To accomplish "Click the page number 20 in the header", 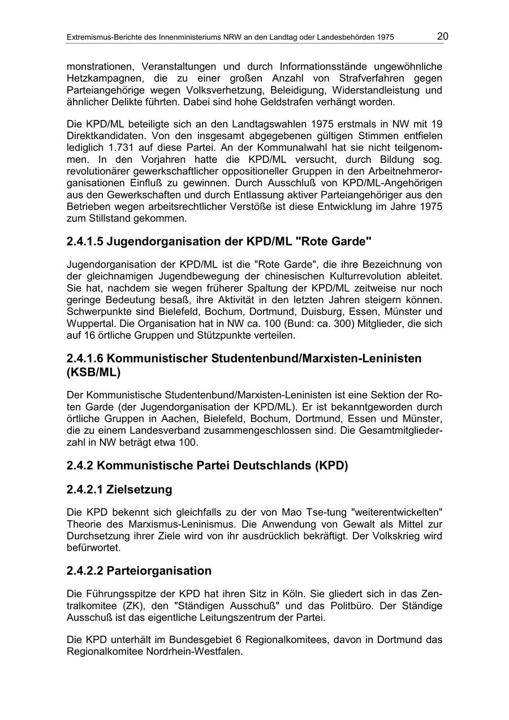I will point(442,37).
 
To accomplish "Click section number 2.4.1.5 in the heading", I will point(84,242).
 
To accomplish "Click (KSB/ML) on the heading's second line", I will point(93,373).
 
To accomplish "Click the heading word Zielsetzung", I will point(139,489).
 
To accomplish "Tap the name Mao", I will point(293,512).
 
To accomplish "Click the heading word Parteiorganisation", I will point(159,571).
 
